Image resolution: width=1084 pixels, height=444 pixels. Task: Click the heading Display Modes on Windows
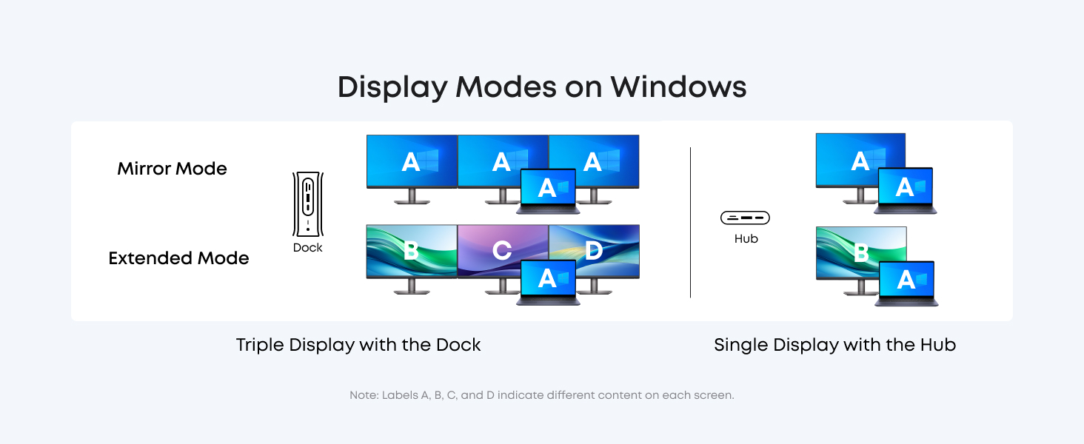pyautogui.click(x=542, y=87)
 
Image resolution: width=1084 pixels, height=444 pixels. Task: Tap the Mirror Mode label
pyautogui.click(x=172, y=169)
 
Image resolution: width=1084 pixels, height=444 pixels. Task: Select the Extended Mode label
pyautogui.click(x=178, y=258)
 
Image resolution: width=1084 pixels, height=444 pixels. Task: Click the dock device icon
pyautogui.click(x=308, y=204)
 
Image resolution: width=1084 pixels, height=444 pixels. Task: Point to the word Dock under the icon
pyautogui.click(x=308, y=248)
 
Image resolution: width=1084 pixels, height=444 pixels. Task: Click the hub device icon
pyautogui.click(x=745, y=218)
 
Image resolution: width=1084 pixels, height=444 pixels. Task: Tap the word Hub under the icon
pyautogui.click(x=746, y=239)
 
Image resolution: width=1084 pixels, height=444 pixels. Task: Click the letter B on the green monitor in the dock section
pyautogui.click(x=411, y=251)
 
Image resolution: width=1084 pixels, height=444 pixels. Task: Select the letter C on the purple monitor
pyautogui.click(x=502, y=251)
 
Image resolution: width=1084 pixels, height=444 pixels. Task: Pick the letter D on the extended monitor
pyautogui.click(x=594, y=251)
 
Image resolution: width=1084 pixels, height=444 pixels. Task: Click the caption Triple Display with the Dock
pyautogui.click(x=358, y=345)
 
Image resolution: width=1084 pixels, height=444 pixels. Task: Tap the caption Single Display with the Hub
pyautogui.click(x=834, y=345)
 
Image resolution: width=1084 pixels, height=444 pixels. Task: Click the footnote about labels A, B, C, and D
pyautogui.click(x=541, y=395)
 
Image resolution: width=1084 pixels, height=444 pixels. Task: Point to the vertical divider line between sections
pyautogui.click(x=690, y=222)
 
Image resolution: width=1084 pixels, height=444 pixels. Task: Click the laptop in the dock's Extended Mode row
pyautogui.click(x=548, y=282)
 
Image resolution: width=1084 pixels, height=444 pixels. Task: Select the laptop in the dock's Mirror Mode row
pyautogui.click(x=548, y=191)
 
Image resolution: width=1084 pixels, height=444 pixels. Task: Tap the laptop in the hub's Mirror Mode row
pyautogui.click(x=906, y=190)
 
